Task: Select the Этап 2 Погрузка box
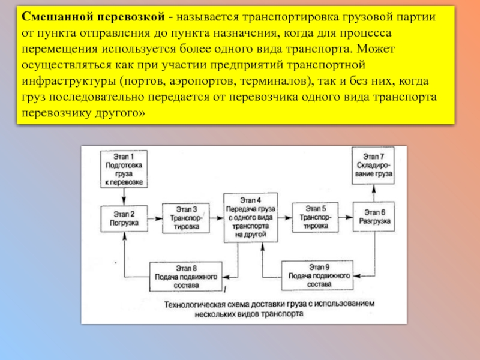click(124, 218)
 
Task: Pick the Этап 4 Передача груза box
click(250, 217)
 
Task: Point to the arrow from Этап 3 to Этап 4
click(215, 218)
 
